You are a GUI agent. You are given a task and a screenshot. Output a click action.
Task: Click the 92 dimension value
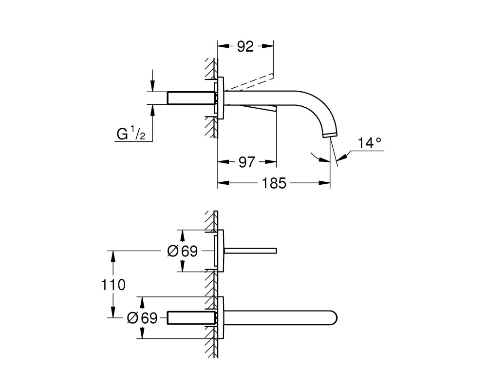pos(245,46)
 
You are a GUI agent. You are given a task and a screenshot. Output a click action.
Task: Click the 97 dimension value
pos(246,162)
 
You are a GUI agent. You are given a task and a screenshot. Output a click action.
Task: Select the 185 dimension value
pos(274,183)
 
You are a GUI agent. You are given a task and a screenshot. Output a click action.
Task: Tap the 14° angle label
pos(370,143)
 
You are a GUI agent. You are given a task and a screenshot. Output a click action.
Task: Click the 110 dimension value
pos(113,285)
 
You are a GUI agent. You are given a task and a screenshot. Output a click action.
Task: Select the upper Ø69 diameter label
pos(182,251)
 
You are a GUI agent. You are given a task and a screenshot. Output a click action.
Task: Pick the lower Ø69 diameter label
pos(142,318)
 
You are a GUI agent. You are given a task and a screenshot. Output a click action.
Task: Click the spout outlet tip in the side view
pos(330,135)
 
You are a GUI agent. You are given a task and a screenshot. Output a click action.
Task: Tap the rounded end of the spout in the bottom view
pos(334,318)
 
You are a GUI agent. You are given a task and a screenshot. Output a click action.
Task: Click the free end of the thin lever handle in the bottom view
pos(276,251)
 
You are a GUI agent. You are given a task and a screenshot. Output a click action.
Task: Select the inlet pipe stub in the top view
pos(191,97)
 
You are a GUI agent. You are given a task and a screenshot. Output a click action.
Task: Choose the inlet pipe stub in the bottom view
pos(191,318)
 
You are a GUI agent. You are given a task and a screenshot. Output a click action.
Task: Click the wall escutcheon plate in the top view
pos(220,97)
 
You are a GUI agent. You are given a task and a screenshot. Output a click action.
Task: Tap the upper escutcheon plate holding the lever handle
pos(220,251)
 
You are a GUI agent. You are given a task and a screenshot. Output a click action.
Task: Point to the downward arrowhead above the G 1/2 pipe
pos(152,86)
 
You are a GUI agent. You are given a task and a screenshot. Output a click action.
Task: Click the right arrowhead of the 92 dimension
pos(268,46)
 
